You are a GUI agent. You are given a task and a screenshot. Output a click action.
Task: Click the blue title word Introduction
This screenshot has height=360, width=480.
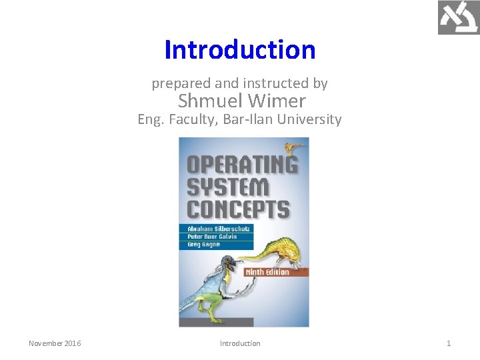pyautogui.click(x=240, y=50)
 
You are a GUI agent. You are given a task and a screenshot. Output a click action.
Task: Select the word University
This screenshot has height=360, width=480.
pyautogui.click(x=311, y=120)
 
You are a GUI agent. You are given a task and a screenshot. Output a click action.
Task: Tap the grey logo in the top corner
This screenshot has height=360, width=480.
pyautogui.click(x=458, y=18)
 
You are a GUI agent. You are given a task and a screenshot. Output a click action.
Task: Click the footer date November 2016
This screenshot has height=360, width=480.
pyautogui.click(x=55, y=343)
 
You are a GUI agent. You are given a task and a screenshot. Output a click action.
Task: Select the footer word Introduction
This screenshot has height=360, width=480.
pyautogui.click(x=240, y=343)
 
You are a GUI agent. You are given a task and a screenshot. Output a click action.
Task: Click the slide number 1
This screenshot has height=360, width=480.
pyautogui.click(x=449, y=343)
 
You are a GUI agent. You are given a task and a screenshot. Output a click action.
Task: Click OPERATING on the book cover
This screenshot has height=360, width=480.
pyautogui.click(x=241, y=165)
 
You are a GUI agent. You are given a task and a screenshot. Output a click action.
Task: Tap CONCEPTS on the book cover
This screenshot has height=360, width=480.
pyautogui.click(x=238, y=209)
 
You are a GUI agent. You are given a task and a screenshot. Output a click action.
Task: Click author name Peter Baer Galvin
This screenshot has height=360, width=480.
pyautogui.click(x=212, y=236)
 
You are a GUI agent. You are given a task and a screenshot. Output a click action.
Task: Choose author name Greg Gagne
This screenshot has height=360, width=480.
pyautogui.click(x=203, y=245)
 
